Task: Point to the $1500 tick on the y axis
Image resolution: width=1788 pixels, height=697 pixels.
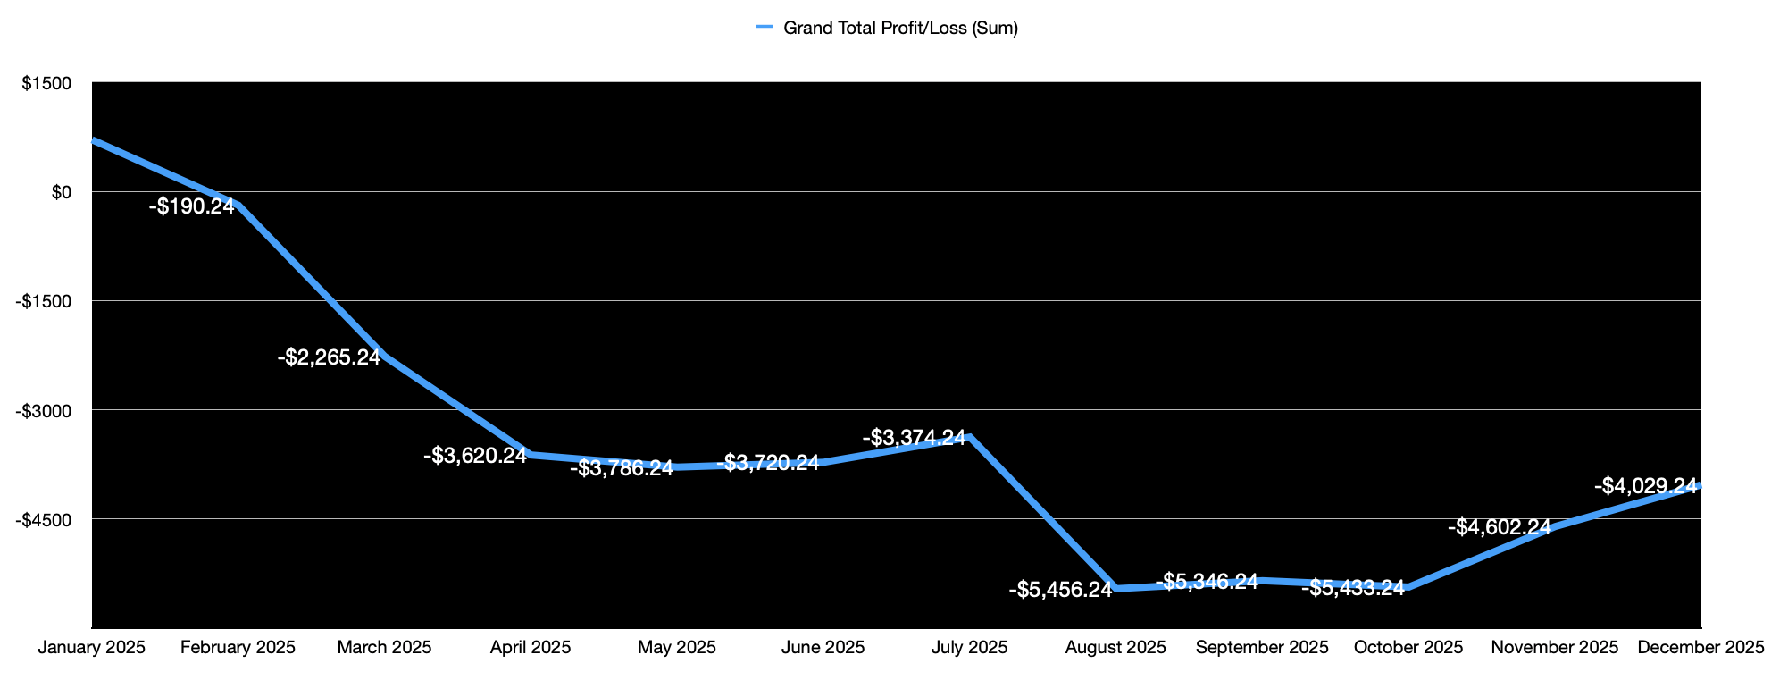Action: pyautogui.click(x=46, y=83)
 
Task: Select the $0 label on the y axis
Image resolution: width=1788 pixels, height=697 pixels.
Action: pyautogui.click(x=61, y=192)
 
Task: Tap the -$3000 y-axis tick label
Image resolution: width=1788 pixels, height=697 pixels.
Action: pyautogui.click(x=44, y=410)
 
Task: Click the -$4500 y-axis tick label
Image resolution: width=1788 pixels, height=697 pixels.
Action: pyautogui.click(x=44, y=519)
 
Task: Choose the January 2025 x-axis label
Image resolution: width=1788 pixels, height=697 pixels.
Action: pyautogui.click(x=92, y=648)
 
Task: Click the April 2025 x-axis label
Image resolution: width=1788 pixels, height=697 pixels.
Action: pyautogui.click(x=531, y=648)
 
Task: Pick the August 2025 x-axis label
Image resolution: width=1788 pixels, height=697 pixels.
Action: pyautogui.click(x=1115, y=648)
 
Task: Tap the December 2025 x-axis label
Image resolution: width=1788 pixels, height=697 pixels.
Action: pyautogui.click(x=1700, y=648)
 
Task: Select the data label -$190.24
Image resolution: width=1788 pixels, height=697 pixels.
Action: pyautogui.click(x=191, y=206)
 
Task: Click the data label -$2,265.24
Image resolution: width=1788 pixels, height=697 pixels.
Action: pyautogui.click(x=329, y=357)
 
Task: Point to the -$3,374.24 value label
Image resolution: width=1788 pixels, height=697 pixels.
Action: pyautogui.click(x=914, y=438)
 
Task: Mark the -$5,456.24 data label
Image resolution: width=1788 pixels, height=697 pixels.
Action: pyautogui.click(x=1060, y=590)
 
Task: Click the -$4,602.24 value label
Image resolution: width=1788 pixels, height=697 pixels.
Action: pyautogui.click(x=1499, y=527)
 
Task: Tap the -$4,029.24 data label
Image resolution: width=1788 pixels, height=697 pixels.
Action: pyautogui.click(x=1645, y=486)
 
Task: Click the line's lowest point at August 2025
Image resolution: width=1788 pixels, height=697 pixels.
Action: pyautogui.click(x=1116, y=589)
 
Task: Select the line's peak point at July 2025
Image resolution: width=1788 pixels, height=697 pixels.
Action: pyautogui.click(x=970, y=436)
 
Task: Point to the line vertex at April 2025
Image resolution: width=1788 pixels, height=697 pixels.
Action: pyautogui.click(x=531, y=455)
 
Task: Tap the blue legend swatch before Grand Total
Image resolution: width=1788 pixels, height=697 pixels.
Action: pyautogui.click(x=764, y=28)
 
